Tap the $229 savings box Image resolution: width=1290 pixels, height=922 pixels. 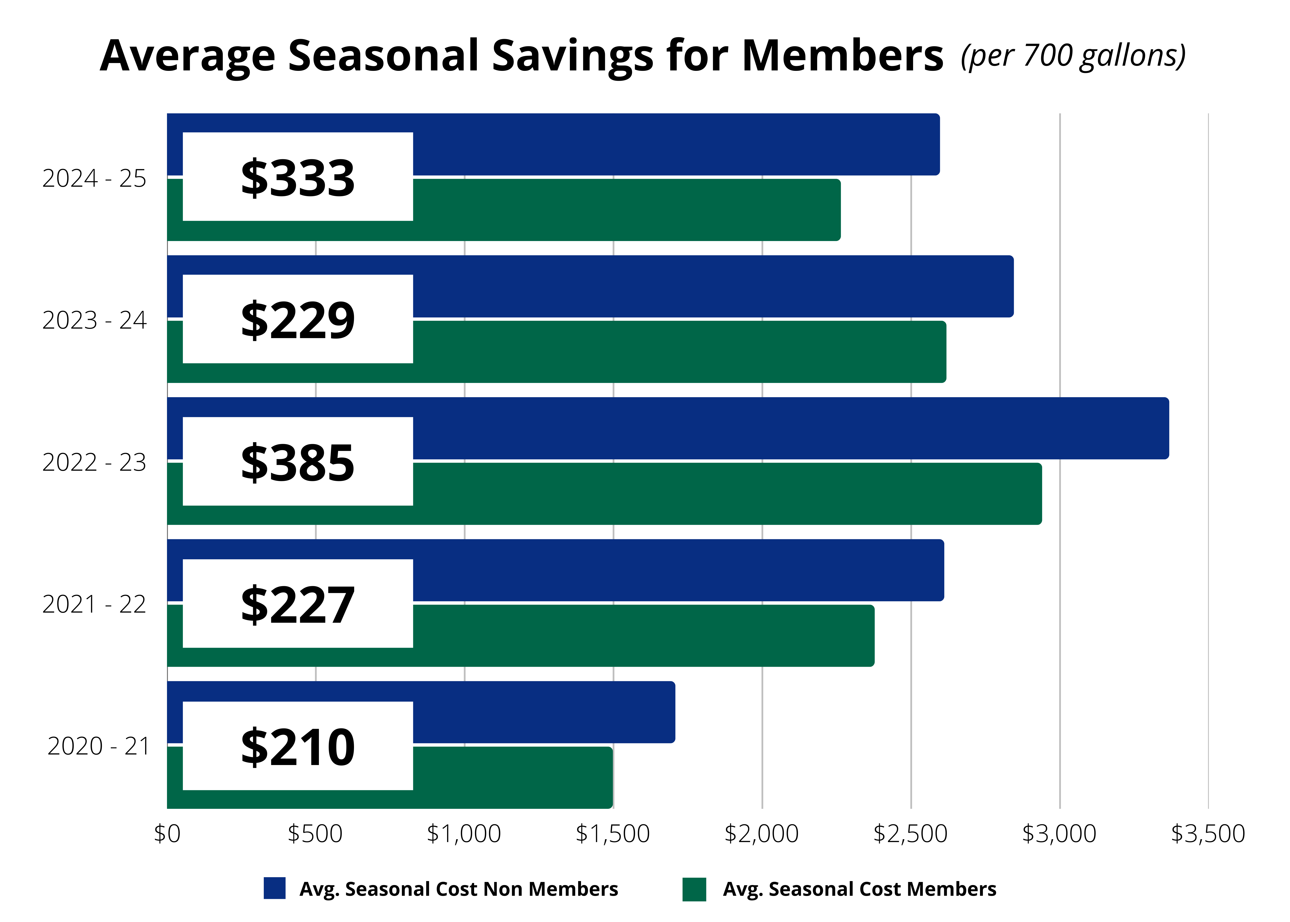tap(298, 320)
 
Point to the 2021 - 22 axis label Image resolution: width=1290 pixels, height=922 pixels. tap(94, 604)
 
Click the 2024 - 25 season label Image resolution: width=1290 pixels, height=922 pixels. tap(94, 178)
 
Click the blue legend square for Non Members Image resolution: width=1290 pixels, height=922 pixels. tap(275, 889)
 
